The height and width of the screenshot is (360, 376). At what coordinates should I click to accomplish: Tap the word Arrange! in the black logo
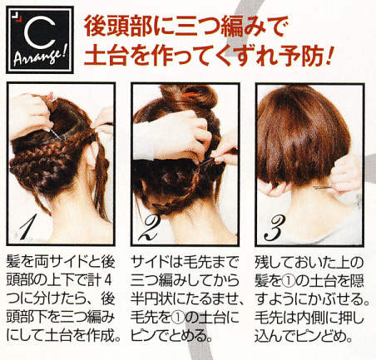(x=39, y=57)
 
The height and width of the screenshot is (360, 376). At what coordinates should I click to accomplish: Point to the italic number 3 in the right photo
(x=274, y=229)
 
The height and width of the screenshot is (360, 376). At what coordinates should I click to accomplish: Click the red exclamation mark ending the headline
(x=329, y=56)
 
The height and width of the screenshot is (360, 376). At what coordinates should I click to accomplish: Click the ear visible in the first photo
(x=92, y=156)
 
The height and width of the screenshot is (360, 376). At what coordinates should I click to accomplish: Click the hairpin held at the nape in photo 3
(x=322, y=188)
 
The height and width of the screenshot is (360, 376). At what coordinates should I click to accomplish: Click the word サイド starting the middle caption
(x=150, y=263)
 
